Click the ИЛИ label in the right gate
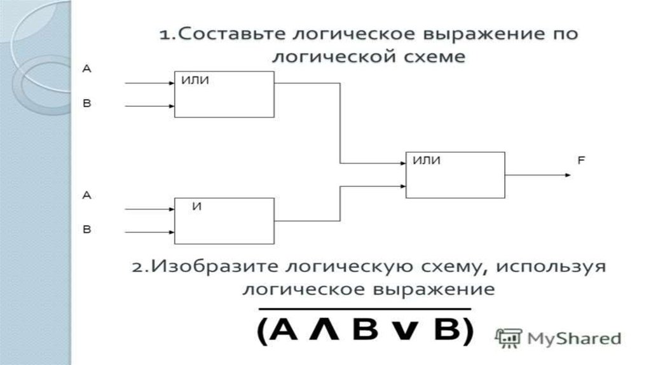pyautogui.click(x=427, y=161)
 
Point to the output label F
pyautogui.click(x=580, y=162)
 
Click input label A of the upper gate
pyautogui.click(x=87, y=69)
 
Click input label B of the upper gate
pyautogui.click(x=87, y=102)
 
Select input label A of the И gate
pyautogui.click(x=87, y=196)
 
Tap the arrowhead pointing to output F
pyautogui.click(x=565, y=174)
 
